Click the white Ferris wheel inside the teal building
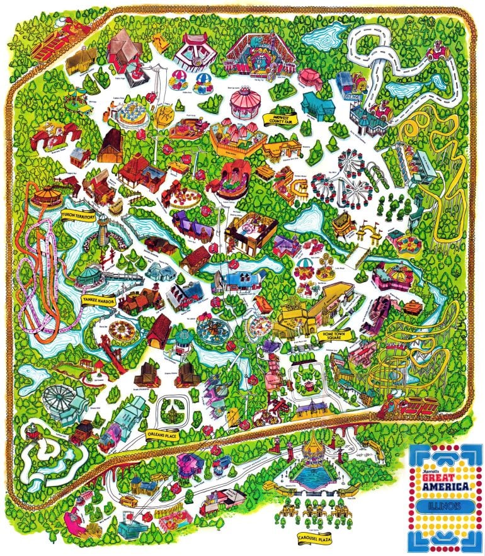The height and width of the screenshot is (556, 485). [61, 399]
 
